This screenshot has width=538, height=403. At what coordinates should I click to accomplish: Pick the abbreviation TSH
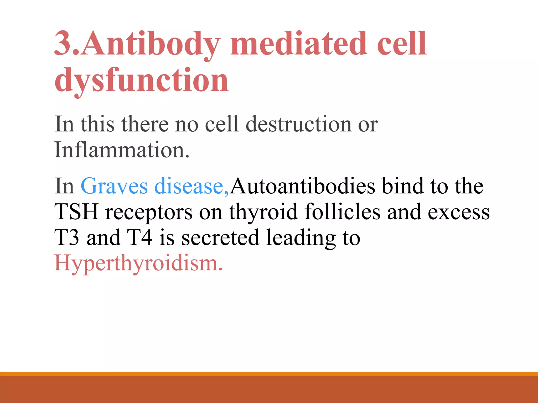76,212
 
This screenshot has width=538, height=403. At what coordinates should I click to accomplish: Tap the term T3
67,238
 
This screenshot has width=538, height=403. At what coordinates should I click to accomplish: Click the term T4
139,238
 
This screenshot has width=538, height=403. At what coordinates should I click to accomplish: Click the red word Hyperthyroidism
138,263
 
